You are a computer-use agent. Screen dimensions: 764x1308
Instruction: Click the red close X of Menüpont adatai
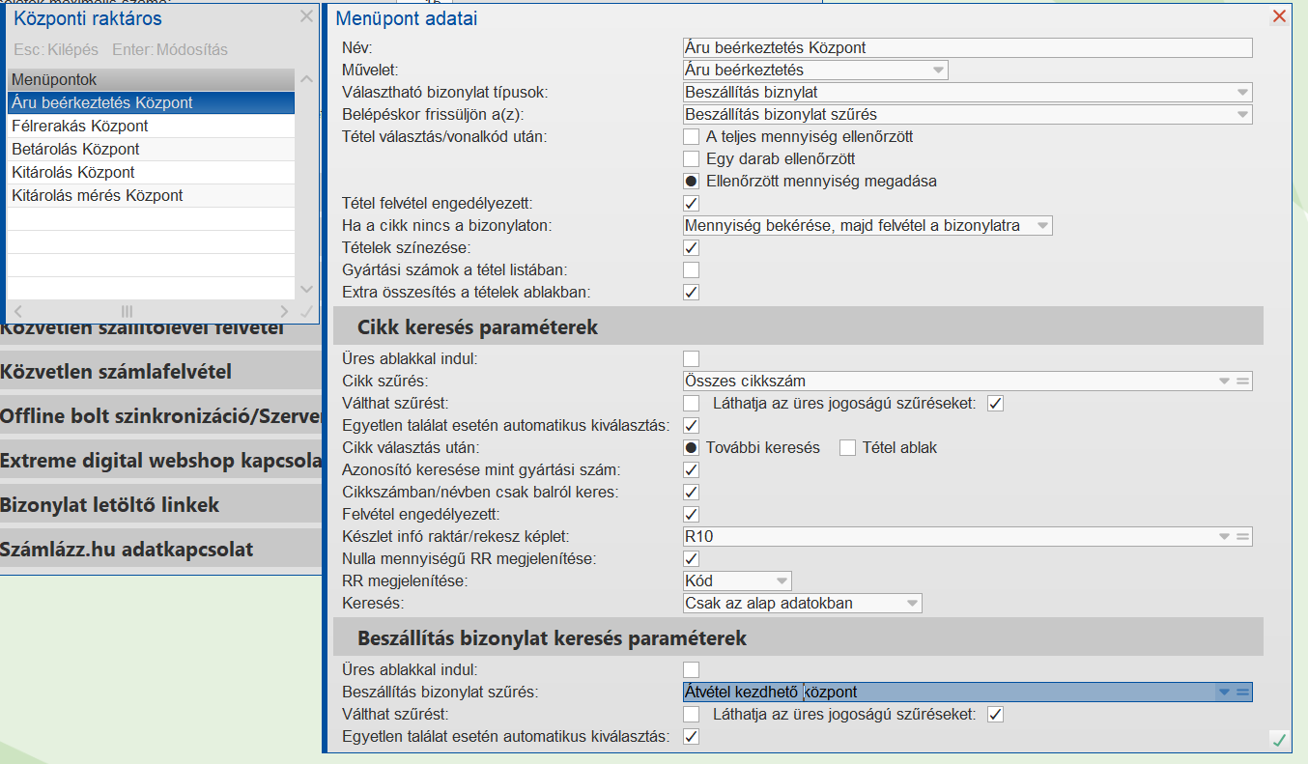pyautogui.click(x=1279, y=16)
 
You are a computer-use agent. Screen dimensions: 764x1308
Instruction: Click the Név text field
pyautogui.click(x=966, y=47)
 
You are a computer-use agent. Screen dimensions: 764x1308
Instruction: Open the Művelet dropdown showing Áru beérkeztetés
pyautogui.click(x=814, y=70)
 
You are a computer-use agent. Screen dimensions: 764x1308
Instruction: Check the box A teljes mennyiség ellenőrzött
pyautogui.click(x=692, y=137)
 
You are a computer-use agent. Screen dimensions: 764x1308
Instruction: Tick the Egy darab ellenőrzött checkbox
pyautogui.click(x=692, y=158)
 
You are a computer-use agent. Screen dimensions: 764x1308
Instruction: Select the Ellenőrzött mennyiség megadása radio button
pyautogui.click(x=692, y=181)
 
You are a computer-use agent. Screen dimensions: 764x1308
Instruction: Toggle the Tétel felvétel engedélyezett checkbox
pyautogui.click(x=692, y=204)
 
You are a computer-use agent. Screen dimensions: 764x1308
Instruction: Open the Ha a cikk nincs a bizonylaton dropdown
pyautogui.click(x=867, y=226)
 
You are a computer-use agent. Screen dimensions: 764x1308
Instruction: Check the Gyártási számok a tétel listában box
pyautogui.click(x=692, y=270)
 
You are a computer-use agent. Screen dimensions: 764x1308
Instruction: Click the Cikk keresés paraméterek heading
pyautogui.click(x=477, y=327)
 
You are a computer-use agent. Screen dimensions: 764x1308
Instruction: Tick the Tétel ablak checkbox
pyautogui.click(x=848, y=448)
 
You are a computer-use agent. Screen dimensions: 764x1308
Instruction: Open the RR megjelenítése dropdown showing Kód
pyautogui.click(x=737, y=580)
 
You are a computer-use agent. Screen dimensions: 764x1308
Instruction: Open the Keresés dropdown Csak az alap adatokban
pyautogui.click(x=802, y=604)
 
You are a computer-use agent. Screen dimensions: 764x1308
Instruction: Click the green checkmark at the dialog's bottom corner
pyautogui.click(x=1279, y=740)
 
